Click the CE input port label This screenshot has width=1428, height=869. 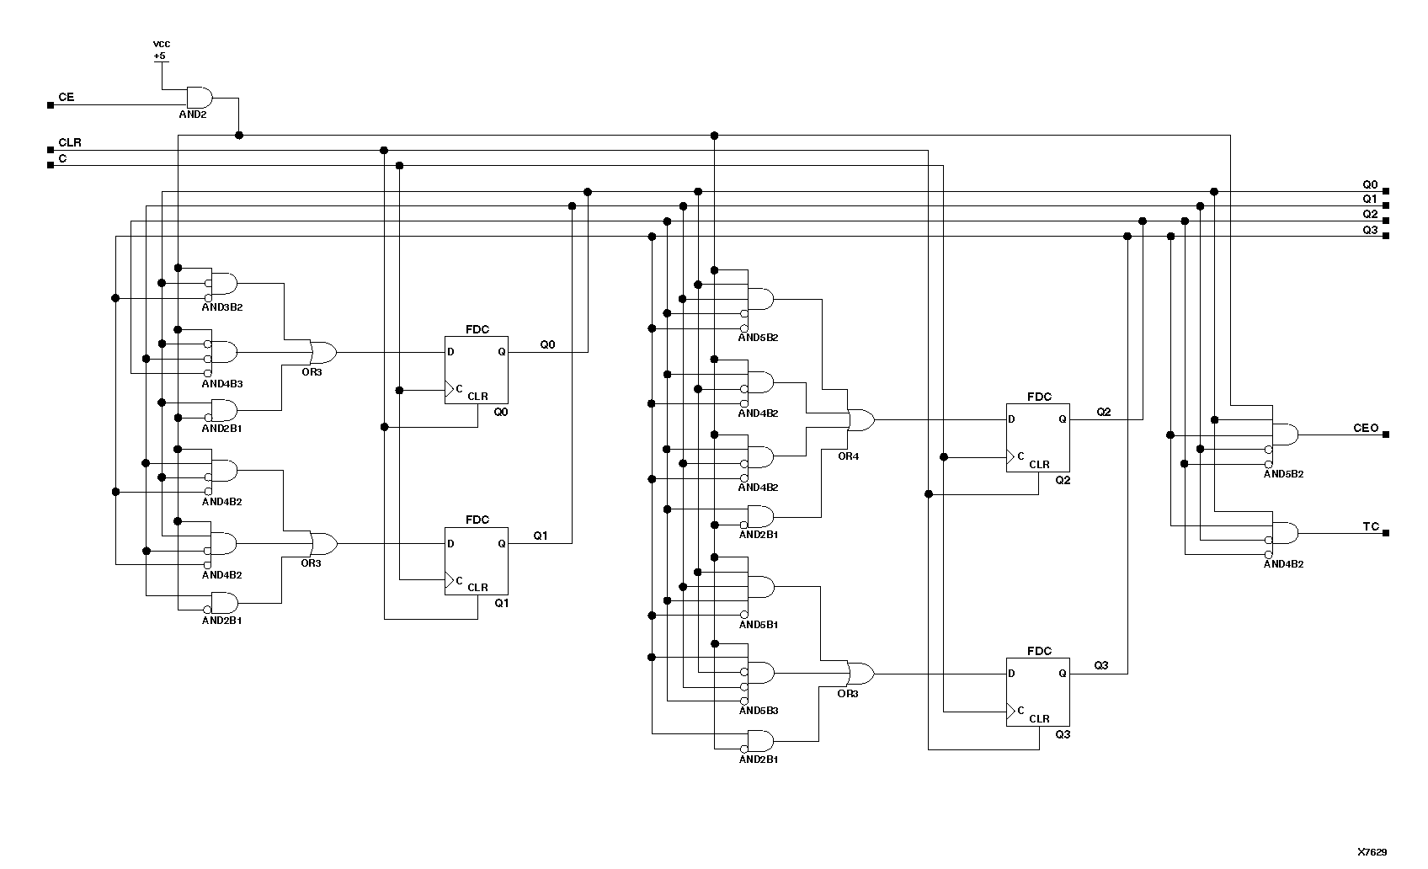pos(66,98)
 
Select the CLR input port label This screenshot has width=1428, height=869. pos(69,143)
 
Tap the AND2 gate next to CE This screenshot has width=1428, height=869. pos(199,97)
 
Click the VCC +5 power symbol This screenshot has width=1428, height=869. pos(160,50)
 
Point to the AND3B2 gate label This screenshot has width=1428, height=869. pos(222,307)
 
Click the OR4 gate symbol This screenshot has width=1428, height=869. pos(861,419)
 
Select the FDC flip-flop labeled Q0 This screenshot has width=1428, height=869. pos(477,370)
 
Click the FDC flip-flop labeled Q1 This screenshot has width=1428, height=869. pos(477,561)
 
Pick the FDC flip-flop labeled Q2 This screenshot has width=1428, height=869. pos(1038,437)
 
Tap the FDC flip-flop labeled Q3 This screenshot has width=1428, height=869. pos(1038,691)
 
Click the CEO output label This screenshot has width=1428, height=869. pos(1366,429)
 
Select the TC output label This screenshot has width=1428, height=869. pos(1371,527)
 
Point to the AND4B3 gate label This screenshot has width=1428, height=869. pos(222,384)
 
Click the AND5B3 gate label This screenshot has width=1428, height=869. pos(758,711)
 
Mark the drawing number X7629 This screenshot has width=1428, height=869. pos(1372,852)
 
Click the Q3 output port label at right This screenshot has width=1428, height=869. pos(1370,230)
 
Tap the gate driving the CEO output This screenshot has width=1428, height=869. pos(1284,435)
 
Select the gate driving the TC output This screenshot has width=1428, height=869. pos(1284,533)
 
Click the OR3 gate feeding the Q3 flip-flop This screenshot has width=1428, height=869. pos(860,674)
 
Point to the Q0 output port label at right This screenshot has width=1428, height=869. pos(1370,184)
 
